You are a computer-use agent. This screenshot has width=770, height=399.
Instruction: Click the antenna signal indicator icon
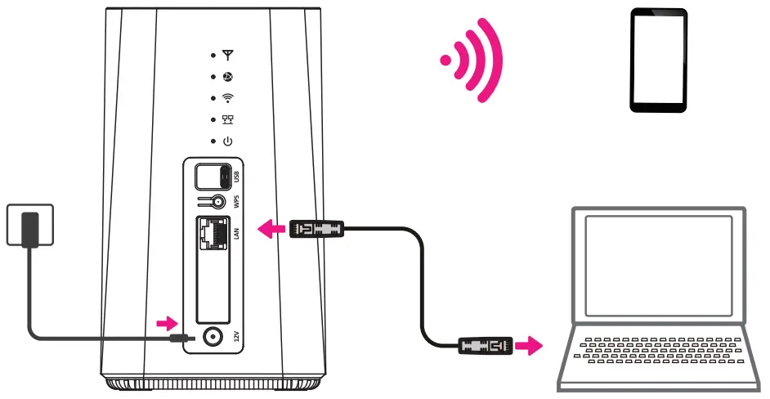228,56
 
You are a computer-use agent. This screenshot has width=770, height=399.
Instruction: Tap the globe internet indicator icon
228,77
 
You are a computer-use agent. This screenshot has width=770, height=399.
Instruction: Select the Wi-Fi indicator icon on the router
228,98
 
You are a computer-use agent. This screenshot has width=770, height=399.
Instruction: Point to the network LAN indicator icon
228,119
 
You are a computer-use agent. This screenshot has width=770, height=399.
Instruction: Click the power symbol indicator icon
228,141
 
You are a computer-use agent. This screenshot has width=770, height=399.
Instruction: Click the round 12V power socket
214,336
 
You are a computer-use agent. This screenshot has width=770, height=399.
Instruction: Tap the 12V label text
235,336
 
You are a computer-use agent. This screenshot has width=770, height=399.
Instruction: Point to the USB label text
235,177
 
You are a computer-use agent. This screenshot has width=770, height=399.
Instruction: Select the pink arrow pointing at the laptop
531,347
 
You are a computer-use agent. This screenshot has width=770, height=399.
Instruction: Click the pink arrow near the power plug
167,321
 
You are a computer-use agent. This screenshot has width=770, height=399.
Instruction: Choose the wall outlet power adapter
30,225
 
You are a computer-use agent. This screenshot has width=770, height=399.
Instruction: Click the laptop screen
657,267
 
